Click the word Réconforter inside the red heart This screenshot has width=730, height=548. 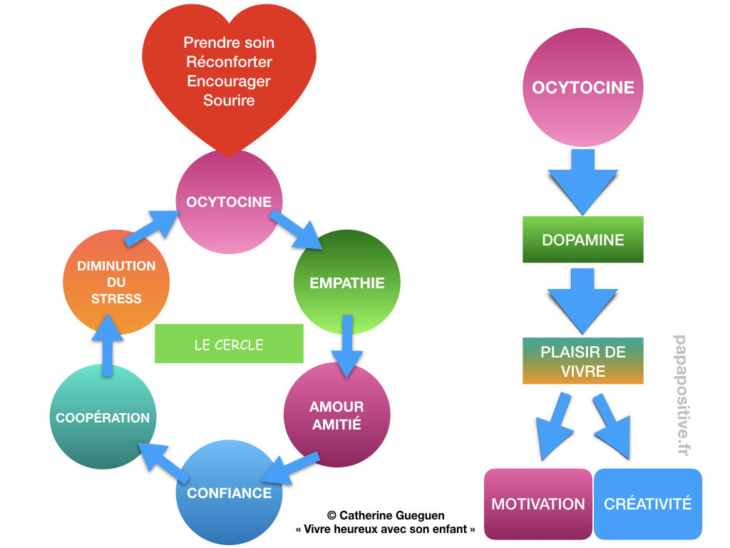tap(229, 61)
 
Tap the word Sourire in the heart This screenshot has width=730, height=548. tap(229, 100)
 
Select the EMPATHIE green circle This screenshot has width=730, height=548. tap(347, 283)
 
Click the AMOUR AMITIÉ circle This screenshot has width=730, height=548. tap(336, 415)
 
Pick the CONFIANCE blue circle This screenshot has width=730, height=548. tap(229, 492)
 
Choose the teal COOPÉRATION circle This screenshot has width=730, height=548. tap(103, 417)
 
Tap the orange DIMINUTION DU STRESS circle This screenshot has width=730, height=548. tap(116, 282)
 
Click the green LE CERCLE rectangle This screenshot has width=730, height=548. tap(229, 345)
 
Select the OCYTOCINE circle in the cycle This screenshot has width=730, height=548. tap(229, 202)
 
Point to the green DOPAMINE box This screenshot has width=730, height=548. tap(582, 240)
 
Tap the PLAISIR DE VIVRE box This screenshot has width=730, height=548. tap(582, 361)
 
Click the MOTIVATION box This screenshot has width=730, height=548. tap(538, 504)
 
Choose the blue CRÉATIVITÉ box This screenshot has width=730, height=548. tap(647, 504)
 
